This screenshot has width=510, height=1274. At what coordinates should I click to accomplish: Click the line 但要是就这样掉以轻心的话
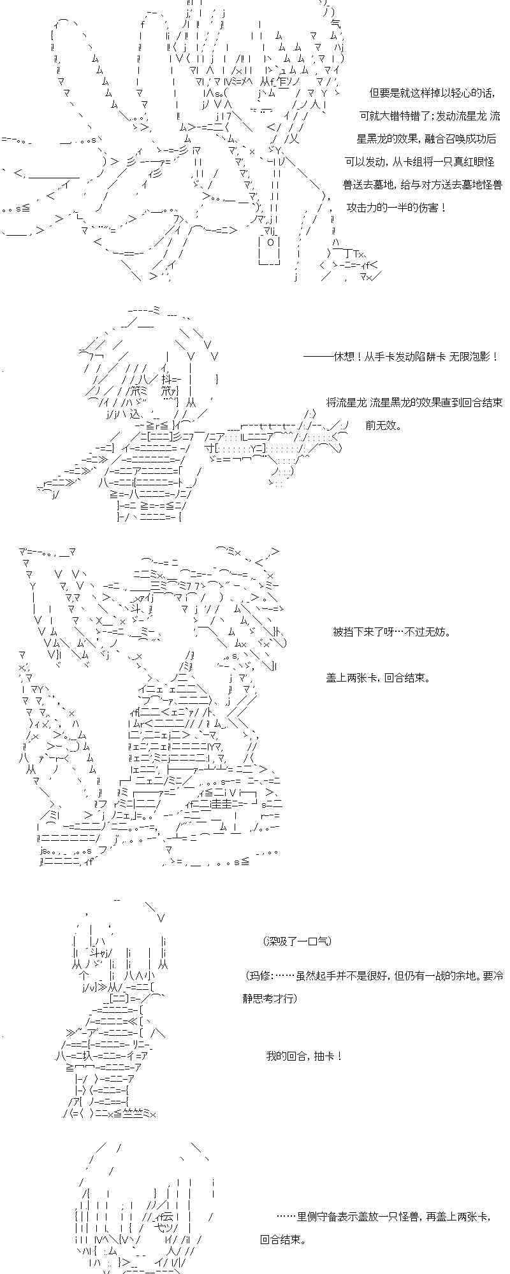coord(432,93)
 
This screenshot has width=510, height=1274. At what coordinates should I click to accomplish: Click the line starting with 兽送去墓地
coord(422,185)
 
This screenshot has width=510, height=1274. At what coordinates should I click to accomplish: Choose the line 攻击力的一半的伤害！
coord(397,208)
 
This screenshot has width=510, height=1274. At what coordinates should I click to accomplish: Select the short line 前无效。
coord(384,426)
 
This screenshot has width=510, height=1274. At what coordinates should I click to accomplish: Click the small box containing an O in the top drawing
coord(270,243)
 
